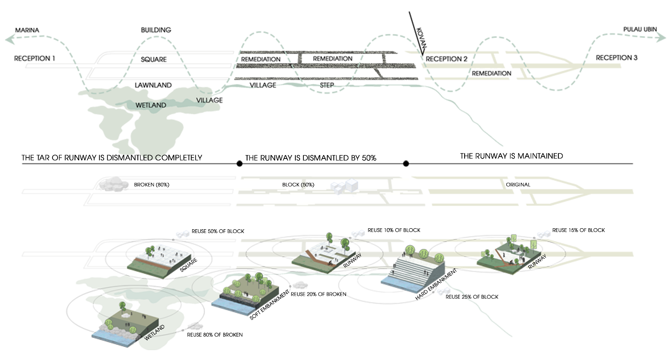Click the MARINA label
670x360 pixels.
click(x=27, y=30)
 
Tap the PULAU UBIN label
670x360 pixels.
click(x=640, y=30)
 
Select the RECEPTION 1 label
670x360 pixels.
click(x=35, y=59)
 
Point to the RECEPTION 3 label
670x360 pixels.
click(x=617, y=58)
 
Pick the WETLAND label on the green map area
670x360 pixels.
click(x=151, y=105)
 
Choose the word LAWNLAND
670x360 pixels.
click(x=153, y=85)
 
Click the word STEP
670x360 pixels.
click(x=327, y=85)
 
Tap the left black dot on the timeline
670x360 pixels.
click(x=240, y=164)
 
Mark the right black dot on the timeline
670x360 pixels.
click(x=406, y=164)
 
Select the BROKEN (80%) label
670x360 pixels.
click(x=151, y=185)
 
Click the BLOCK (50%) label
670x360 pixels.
click(x=298, y=185)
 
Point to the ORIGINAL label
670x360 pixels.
click(x=518, y=185)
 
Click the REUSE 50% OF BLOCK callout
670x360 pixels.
click(x=218, y=232)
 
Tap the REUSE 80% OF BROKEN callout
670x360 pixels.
click(x=215, y=335)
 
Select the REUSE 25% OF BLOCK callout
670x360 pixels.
click(x=472, y=297)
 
